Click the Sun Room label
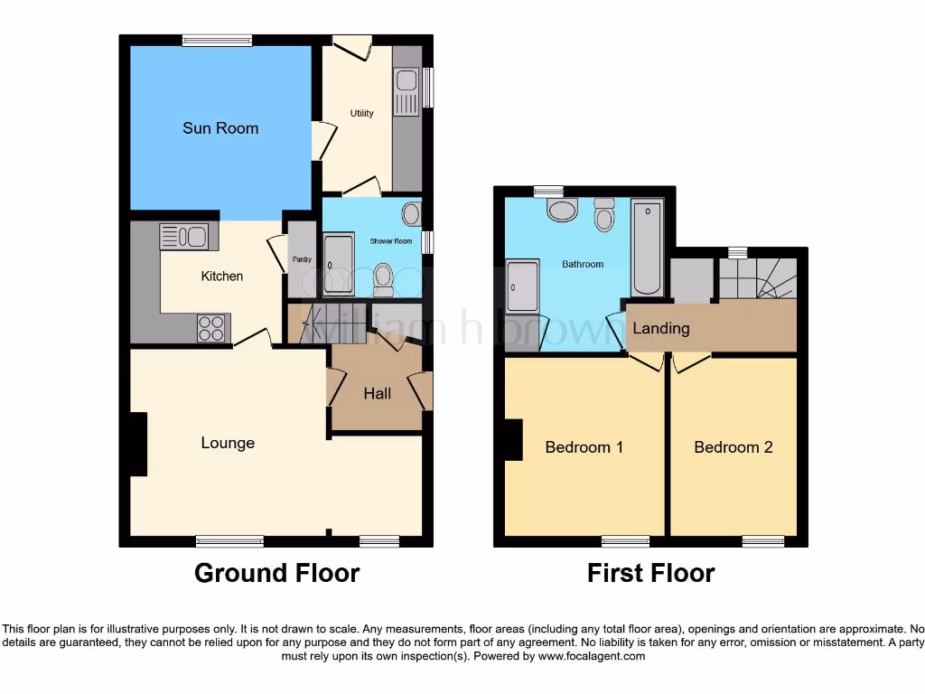click(x=220, y=128)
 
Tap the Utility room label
click(x=362, y=113)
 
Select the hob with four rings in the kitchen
click(x=210, y=327)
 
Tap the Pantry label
click(x=302, y=260)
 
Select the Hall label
click(x=378, y=393)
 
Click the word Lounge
click(x=228, y=443)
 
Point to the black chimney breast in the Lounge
click(x=138, y=443)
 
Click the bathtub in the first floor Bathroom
click(x=647, y=248)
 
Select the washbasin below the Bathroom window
click(x=563, y=211)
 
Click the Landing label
click(x=660, y=329)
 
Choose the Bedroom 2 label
click(x=733, y=447)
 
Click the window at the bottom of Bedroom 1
click(x=625, y=541)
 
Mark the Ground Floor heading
click(x=276, y=573)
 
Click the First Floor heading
click(x=650, y=573)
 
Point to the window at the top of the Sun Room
click(x=217, y=39)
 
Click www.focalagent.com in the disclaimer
click(x=592, y=656)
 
